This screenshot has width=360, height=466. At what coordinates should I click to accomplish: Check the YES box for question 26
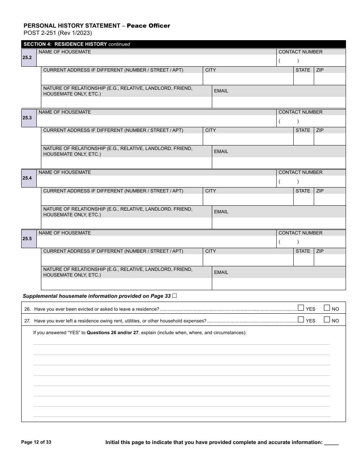coord(301,308)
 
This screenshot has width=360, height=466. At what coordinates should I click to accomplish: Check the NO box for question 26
coord(327,308)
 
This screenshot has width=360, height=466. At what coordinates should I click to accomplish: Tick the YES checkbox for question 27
coord(301,319)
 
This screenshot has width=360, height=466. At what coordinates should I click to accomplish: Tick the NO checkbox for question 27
coord(327,319)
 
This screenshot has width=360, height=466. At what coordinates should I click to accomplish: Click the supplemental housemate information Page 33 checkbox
coord(175,296)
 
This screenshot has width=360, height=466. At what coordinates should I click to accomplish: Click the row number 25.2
coord(27,58)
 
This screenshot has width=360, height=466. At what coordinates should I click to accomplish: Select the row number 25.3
coord(27,118)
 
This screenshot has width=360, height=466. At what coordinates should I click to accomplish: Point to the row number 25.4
coord(27,178)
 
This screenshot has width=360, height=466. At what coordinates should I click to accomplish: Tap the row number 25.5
coord(27,239)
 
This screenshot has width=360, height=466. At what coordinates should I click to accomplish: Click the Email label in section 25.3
coord(221,152)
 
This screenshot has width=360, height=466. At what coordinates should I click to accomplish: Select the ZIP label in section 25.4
coord(320,191)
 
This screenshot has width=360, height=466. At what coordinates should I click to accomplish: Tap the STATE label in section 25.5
coord(303,251)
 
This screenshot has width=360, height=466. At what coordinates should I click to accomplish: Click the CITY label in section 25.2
coord(210,70)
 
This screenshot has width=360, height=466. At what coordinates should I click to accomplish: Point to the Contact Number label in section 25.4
coord(300,172)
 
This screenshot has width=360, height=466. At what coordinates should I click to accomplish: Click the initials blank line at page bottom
coord(332,443)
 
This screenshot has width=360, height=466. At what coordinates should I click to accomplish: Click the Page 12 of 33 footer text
coord(36,442)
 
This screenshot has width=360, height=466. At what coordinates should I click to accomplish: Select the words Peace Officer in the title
coord(148,26)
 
